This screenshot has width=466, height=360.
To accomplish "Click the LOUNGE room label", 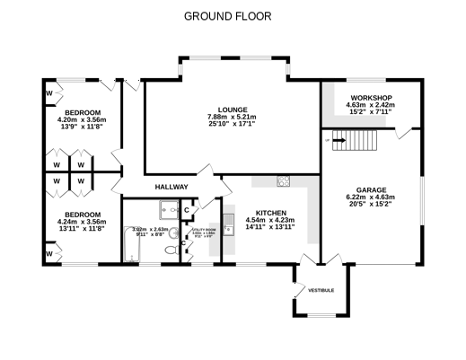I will [232, 109].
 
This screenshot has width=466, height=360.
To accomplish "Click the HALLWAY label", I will [171, 187].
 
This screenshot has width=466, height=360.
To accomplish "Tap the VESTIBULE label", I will [321, 291].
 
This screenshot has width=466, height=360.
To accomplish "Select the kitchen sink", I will [228, 221].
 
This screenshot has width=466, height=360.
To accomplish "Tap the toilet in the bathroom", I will [170, 255].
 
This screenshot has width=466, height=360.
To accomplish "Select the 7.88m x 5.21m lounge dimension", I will [232, 117].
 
